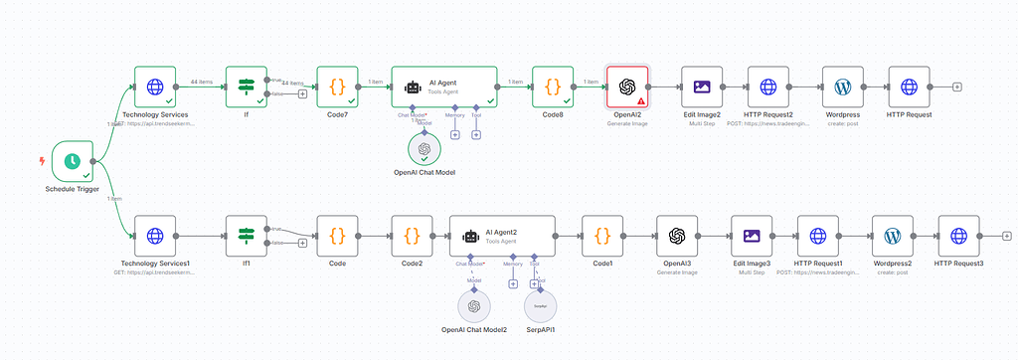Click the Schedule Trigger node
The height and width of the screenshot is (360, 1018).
[72, 160]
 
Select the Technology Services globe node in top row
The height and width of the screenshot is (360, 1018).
[155, 87]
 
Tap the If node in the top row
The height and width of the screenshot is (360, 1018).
[247, 87]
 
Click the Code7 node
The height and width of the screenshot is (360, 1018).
[337, 87]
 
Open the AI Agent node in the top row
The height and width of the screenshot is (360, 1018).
[443, 87]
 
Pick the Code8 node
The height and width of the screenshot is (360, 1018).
[553, 87]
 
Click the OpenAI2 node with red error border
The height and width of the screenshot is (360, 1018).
[627, 87]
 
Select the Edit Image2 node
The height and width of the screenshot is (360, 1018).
[702, 87]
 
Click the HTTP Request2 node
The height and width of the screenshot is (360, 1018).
[767, 87]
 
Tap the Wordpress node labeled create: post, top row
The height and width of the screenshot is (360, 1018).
[842, 87]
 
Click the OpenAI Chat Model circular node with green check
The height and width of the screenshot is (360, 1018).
[424, 149]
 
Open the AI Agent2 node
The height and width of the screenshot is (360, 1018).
[501, 236]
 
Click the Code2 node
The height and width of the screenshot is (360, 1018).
[412, 236]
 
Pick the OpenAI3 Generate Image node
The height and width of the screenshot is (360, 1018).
[677, 236]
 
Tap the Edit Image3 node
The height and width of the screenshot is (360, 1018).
[752, 236]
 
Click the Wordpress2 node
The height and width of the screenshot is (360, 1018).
[892, 236]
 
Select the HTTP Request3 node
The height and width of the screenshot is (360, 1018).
[958, 236]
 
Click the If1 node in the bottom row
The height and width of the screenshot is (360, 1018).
[247, 236]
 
